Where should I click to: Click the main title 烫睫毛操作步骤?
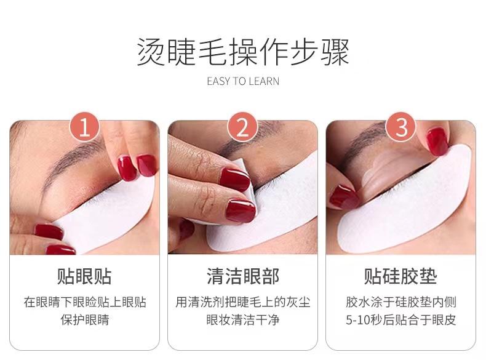click(x=243, y=52)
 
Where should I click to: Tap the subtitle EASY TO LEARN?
click(x=243, y=81)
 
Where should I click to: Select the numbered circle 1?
click(x=84, y=127)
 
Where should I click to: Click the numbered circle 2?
click(x=242, y=127)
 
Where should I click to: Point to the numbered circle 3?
click(x=401, y=127)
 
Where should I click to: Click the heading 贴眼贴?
click(x=84, y=276)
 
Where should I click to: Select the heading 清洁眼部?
click(x=243, y=276)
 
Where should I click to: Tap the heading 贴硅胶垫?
click(x=400, y=276)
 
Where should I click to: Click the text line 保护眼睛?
click(x=85, y=319)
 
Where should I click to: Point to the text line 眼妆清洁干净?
click(x=243, y=319)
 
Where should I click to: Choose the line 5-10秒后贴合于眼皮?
click(x=400, y=319)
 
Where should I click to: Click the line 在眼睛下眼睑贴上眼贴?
click(x=85, y=302)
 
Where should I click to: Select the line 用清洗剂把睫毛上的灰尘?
click(x=243, y=302)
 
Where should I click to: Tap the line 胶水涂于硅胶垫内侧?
click(x=400, y=302)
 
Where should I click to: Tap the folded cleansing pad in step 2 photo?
click(x=245, y=186)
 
